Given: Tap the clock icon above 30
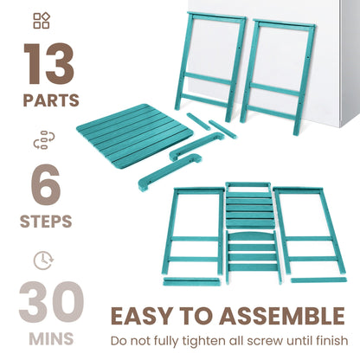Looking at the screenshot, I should point(41,259).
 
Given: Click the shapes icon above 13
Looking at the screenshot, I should point(42,21).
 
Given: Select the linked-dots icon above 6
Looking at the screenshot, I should point(42,140).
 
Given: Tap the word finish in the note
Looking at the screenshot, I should point(330,339).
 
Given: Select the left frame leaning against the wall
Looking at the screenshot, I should point(207,65).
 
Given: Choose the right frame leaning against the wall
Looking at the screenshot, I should point(281,74).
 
